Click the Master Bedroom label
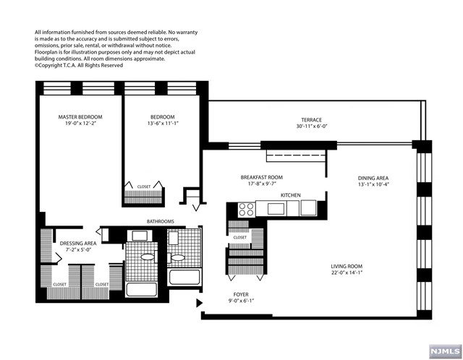coord(80,117)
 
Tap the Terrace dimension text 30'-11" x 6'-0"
coord(312,127)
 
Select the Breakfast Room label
coord(262,177)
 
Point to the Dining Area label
coord(373,178)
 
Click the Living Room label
coord(347,266)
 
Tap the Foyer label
coord(241,294)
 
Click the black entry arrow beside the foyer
coord(200,303)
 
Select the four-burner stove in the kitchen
coord(246,209)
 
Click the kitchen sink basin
coord(276,209)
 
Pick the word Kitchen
coord(291,195)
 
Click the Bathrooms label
coord(161,221)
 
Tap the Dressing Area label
coord(78,244)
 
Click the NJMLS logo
coord(446,351)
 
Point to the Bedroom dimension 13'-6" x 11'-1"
coord(163,124)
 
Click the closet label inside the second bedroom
coord(144,187)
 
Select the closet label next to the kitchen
coord(239,237)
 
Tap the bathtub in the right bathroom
coord(184,278)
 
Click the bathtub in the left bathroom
coord(142,290)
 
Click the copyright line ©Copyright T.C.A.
coord(79,66)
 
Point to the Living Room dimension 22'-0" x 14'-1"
coord(347,273)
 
